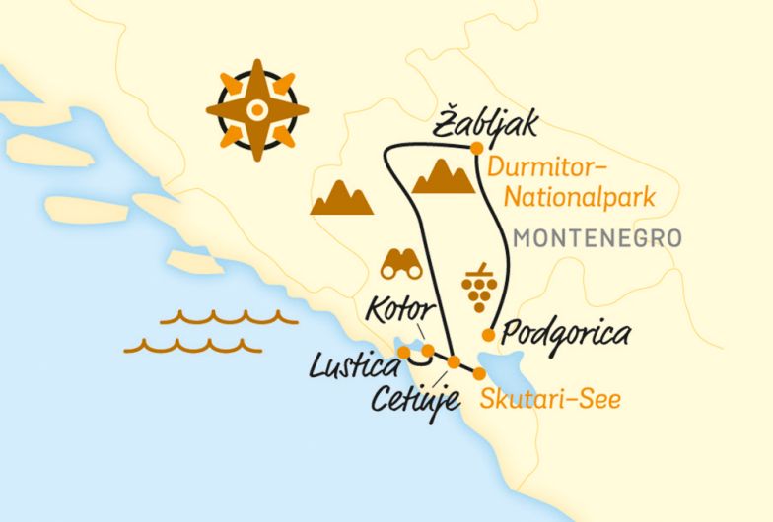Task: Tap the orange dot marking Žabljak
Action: coord(475,150)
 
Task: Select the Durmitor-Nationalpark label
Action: coord(580,182)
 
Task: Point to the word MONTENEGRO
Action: coord(598,239)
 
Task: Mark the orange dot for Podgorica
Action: coord(487,335)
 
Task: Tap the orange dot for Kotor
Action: coord(428,350)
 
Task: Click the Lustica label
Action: coord(352,369)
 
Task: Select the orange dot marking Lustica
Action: coord(403,352)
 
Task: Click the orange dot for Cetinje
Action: coord(453,362)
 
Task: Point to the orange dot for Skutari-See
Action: coord(479,374)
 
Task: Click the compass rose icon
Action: coord(253,109)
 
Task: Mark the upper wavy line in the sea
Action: coord(229,317)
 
